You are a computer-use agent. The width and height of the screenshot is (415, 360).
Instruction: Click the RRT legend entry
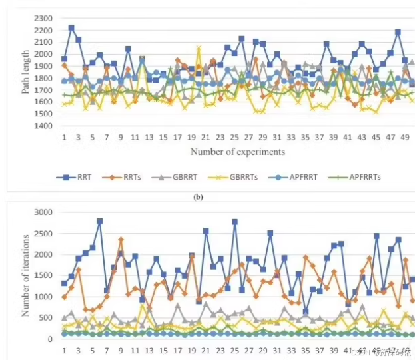(x=77, y=178)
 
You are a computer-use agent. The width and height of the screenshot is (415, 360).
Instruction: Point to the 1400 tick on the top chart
(x=45, y=126)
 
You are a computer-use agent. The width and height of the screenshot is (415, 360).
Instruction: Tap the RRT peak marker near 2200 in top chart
(x=71, y=28)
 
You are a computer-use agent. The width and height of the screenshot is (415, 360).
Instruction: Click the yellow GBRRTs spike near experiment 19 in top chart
(x=199, y=48)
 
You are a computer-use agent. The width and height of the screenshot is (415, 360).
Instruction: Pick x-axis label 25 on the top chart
(x=234, y=137)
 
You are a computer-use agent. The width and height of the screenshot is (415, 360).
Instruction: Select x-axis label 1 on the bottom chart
(x=64, y=351)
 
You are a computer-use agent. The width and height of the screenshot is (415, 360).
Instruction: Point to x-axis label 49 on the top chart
(x=404, y=137)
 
